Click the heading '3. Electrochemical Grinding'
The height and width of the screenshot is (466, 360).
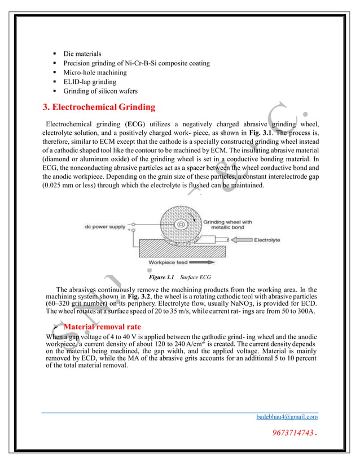(99, 107)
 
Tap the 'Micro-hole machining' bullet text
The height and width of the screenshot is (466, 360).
(95, 72)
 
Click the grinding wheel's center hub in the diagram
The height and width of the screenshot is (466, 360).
(181, 224)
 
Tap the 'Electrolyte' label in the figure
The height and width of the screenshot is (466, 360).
(267, 240)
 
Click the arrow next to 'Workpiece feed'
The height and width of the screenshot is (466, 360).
(203, 262)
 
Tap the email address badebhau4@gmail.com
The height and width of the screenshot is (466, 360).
(287, 416)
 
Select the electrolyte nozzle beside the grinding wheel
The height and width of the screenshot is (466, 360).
(214, 240)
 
